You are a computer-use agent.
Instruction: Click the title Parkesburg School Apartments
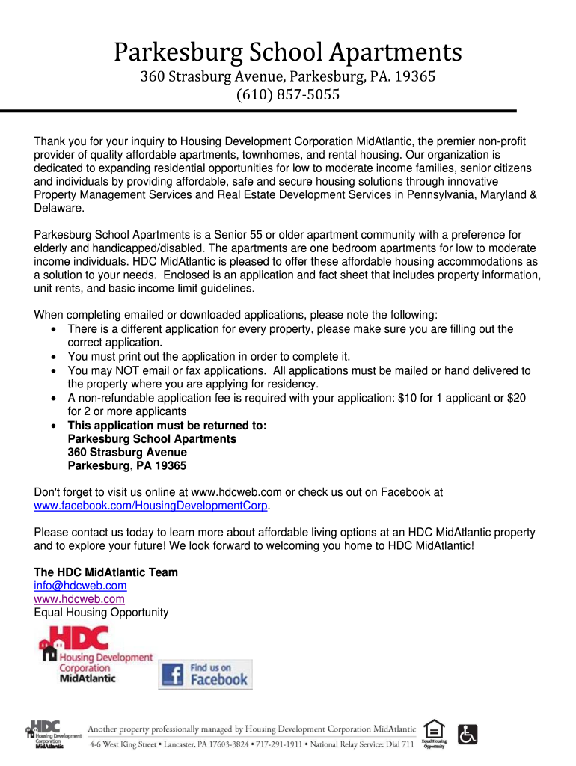tap(288, 52)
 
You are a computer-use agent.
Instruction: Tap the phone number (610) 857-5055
tap(288, 95)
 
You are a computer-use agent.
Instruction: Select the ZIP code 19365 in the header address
tap(414, 76)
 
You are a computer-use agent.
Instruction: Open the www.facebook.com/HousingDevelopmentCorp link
tap(150, 506)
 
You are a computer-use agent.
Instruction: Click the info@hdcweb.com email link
tap(80, 586)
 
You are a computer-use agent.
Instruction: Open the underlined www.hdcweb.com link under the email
tap(79, 599)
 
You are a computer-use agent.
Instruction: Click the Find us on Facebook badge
tap(205, 674)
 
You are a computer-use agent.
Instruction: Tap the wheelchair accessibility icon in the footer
tap(468, 733)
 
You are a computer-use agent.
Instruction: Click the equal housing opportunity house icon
tap(434, 729)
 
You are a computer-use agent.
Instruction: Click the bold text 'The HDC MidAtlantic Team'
tap(106, 572)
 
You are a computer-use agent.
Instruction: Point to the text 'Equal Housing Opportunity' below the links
tap(102, 613)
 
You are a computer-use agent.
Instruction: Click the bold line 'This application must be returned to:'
tap(167, 425)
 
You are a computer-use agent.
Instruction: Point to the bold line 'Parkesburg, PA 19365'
tap(127, 465)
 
